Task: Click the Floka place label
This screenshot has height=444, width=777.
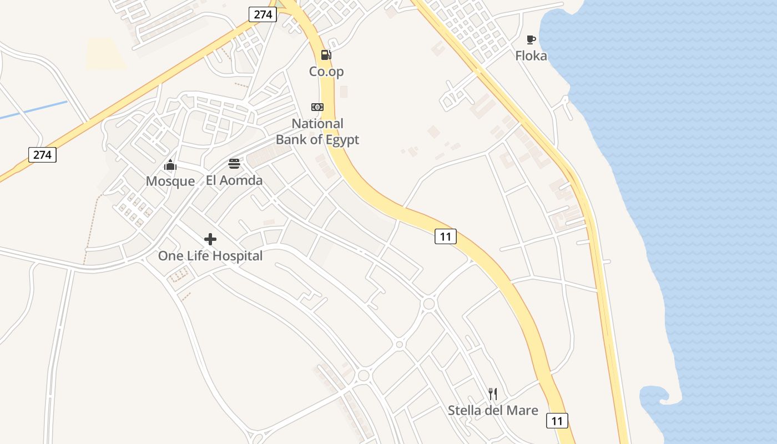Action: (x=531, y=56)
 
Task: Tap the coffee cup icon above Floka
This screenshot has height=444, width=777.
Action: (x=531, y=39)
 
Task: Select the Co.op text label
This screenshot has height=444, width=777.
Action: (x=326, y=72)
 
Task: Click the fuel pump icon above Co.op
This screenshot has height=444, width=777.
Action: (x=326, y=55)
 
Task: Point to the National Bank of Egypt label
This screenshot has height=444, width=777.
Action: (x=317, y=132)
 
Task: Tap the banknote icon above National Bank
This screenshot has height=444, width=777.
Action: (x=317, y=107)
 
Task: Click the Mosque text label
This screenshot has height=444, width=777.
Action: (x=170, y=181)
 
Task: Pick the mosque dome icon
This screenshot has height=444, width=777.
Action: (x=170, y=165)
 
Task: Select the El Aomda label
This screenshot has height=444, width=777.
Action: (x=234, y=180)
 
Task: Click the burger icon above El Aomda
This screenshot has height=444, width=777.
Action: (x=234, y=164)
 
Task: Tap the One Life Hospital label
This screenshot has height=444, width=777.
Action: (x=210, y=256)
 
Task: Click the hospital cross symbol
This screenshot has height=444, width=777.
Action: (x=210, y=239)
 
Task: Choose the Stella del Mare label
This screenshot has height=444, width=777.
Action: (x=493, y=411)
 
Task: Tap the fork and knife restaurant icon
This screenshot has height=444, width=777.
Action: (x=493, y=394)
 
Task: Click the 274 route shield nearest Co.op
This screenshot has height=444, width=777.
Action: (x=263, y=14)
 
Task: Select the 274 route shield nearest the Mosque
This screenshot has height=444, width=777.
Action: (x=42, y=154)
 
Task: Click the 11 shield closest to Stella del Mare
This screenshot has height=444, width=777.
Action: (x=557, y=421)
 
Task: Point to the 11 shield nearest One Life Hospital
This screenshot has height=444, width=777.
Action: (x=445, y=236)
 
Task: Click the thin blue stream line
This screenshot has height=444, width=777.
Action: (x=33, y=110)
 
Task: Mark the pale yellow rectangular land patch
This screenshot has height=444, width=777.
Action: (x=107, y=54)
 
